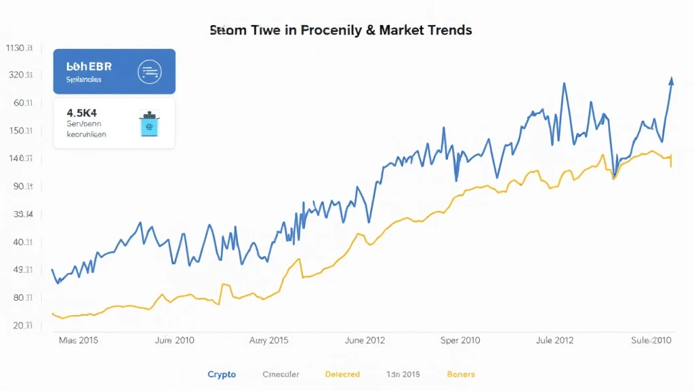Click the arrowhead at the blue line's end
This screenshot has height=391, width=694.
coord(671,81)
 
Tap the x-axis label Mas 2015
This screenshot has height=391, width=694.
coord(79,340)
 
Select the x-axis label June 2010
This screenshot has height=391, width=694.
coord(175,340)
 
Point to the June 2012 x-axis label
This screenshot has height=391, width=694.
coord(365,340)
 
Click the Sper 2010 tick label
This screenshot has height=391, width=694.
coord(461,340)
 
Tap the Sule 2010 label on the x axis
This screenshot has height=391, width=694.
coord(651,340)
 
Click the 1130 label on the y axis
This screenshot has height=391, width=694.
coord(19,48)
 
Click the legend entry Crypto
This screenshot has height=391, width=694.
coord(222,374)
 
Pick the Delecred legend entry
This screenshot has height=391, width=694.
coord(342,374)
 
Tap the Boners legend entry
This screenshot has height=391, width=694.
coord(461,374)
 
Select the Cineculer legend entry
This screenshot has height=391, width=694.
coord(281,374)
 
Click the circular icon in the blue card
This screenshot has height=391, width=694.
coord(148,71)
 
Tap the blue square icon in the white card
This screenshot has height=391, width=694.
coord(147,124)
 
